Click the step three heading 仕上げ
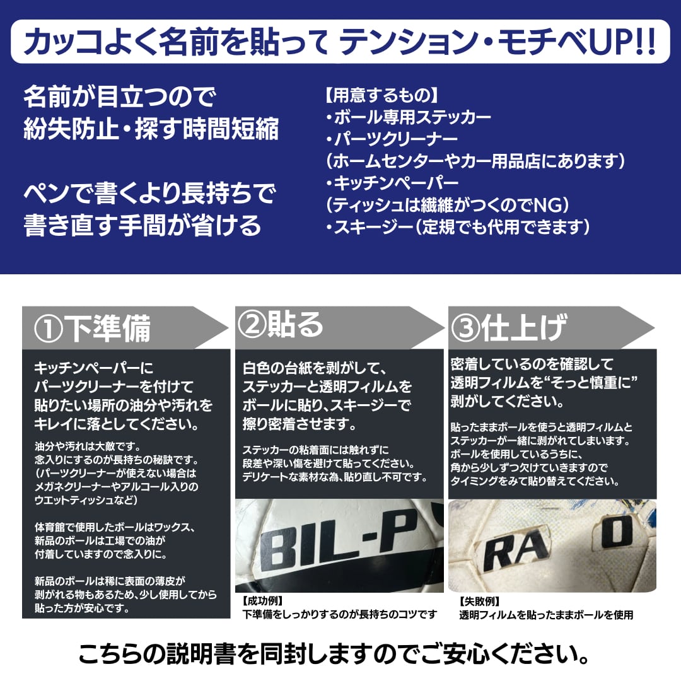523,328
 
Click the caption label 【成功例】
263,601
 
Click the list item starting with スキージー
458,226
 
